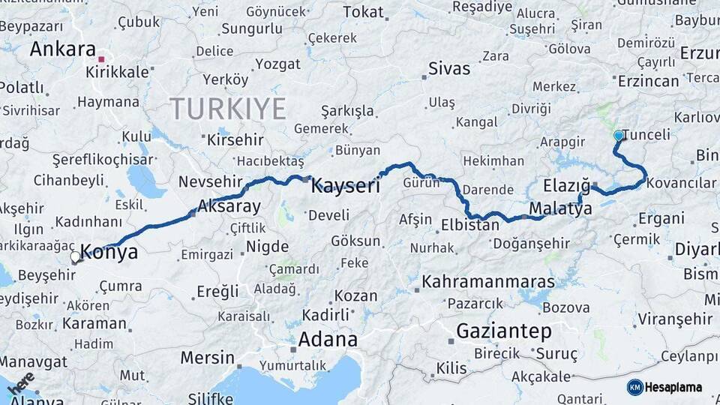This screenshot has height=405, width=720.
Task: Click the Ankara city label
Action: pos(63,49)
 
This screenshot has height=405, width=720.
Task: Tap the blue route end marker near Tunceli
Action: pos(619,136)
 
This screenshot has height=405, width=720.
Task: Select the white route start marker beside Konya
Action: pos(75,257)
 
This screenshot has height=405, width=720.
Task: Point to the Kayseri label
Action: pos(346,186)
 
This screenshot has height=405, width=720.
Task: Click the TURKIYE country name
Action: pos(228,109)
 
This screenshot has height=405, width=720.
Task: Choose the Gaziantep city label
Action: pos(504,331)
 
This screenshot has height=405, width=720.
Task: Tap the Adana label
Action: pos(328,339)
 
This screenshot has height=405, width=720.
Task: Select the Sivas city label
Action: pos(449,69)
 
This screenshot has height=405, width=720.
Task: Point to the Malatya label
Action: pos(560,208)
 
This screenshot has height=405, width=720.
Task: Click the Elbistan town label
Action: pos(470,225)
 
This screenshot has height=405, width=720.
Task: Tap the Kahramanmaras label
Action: pos(489,283)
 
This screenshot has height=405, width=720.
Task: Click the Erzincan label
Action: pos(649,81)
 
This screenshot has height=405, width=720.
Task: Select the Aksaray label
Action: pos(229,206)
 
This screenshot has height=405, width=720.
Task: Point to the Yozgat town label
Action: pos(277,64)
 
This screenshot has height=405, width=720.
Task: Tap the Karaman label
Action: pos(94,324)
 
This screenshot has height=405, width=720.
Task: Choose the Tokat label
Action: pos(363,12)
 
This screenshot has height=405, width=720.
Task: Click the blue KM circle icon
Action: pos(634,387)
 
